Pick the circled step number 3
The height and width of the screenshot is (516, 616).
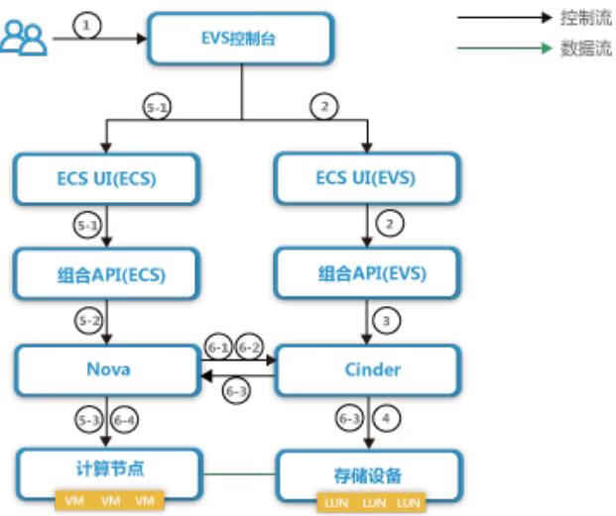388,321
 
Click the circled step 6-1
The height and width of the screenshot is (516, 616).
217,347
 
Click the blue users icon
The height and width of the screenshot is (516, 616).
23,38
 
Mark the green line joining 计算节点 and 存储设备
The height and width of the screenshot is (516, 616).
238,473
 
